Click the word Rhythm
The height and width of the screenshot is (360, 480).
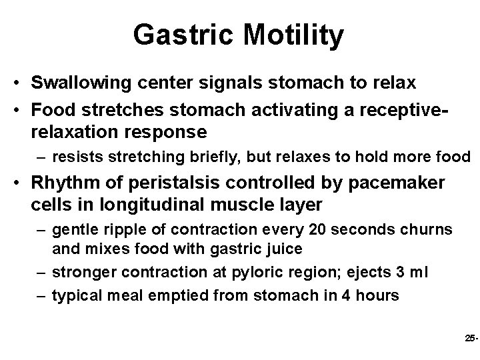click(60, 183)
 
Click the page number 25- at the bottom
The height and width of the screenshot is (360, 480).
click(470, 339)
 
